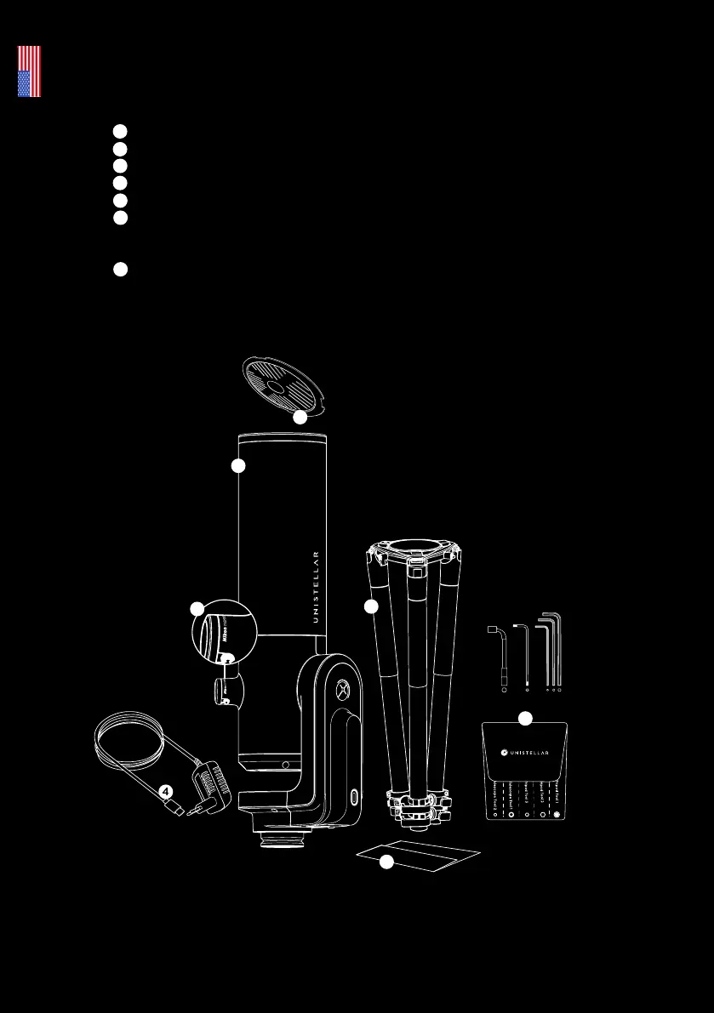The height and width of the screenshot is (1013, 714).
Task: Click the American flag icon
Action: click(x=29, y=71)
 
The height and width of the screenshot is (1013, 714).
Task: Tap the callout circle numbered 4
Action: click(x=167, y=790)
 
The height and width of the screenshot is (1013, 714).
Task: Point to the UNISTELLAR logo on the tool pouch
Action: click(x=524, y=752)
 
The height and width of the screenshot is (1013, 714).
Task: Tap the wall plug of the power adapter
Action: click(x=205, y=800)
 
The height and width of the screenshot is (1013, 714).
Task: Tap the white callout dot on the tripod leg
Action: click(x=370, y=606)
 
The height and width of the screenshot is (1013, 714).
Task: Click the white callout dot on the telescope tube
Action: click(x=238, y=465)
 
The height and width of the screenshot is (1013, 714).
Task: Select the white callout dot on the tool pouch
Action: click(x=525, y=719)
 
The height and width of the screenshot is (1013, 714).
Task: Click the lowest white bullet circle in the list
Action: click(x=121, y=270)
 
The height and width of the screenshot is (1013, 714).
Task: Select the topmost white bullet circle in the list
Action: click(x=121, y=130)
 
